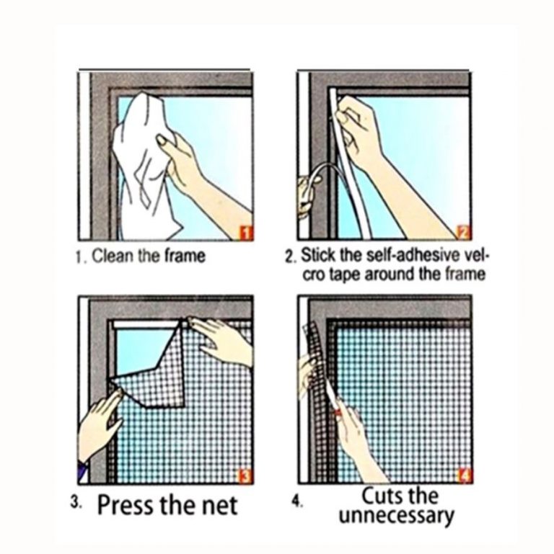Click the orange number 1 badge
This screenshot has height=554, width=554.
[247, 233]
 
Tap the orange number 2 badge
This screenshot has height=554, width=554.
[464, 233]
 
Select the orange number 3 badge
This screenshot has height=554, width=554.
[245, 477]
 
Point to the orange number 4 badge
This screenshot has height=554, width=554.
[465, 477]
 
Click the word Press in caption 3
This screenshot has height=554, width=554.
[127, 505]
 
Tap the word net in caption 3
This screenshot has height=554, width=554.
[220, 506]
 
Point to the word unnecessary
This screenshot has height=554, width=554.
[396, 517]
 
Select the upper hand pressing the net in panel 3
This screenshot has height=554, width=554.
[222, 341]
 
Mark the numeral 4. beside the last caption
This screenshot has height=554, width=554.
[297, 502]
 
